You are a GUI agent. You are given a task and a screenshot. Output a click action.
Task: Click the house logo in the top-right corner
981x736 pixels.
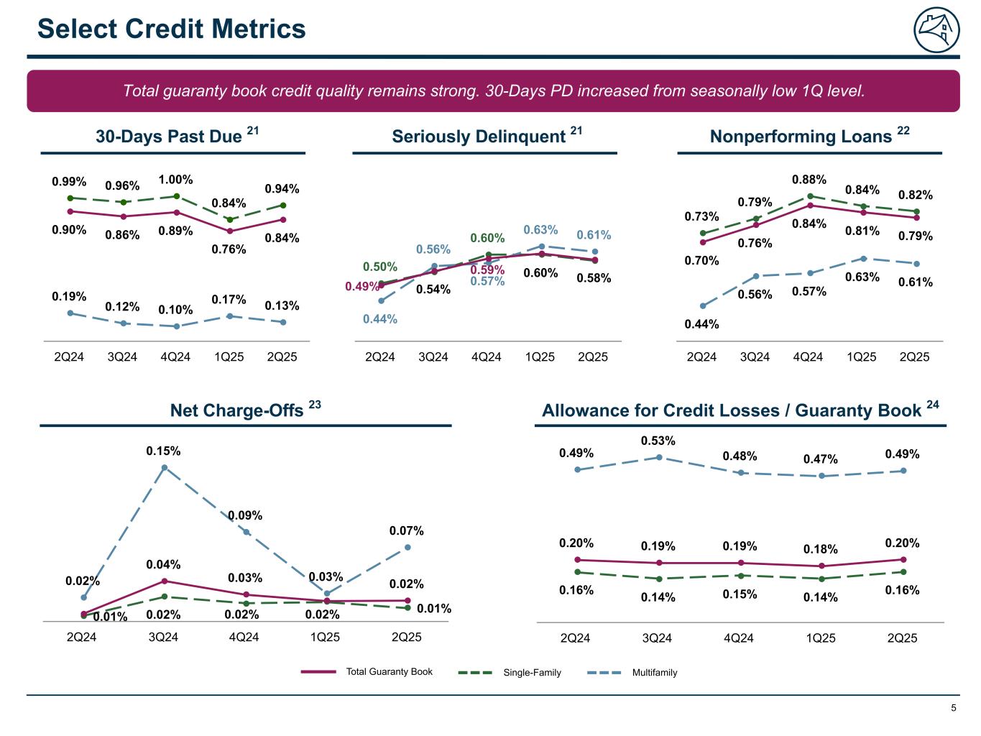(936, 31)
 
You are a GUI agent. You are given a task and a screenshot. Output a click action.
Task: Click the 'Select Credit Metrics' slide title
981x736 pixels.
(172, 29)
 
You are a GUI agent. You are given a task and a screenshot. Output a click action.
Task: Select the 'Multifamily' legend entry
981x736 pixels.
(655, 673)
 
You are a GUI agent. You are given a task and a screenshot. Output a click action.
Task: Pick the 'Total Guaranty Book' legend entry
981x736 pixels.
(390, 672)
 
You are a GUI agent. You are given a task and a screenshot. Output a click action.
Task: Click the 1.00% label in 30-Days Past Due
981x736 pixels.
(176, 180)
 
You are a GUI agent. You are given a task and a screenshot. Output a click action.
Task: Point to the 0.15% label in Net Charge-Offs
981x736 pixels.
(164, 451)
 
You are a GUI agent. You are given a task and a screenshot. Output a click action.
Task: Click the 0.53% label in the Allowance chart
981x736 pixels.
(658, 441)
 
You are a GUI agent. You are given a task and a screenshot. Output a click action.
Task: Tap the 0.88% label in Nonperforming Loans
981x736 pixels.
(809, 180)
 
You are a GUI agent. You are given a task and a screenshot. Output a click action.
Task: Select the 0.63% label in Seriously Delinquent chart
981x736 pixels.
(540, 230)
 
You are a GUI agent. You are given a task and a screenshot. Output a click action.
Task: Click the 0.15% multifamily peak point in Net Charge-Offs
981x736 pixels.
(165, 468)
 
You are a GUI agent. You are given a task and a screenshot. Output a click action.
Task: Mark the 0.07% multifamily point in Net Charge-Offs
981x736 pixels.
(407, 547)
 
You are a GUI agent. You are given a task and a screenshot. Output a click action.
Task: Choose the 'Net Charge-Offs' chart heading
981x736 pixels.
(236, 410)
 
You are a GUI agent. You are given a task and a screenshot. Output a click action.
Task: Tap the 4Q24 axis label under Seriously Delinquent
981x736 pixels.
(487, 357)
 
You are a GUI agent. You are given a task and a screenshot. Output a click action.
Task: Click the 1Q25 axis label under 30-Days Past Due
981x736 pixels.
(229, 357)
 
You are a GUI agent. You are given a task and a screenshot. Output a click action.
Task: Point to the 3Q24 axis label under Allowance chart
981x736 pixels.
(657, 638)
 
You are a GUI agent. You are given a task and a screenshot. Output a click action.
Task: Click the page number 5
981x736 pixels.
(954, 708)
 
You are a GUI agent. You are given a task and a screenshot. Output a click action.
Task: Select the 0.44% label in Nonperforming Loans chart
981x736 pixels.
(701, 324)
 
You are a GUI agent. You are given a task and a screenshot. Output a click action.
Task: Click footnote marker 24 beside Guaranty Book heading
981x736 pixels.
(933, 405)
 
